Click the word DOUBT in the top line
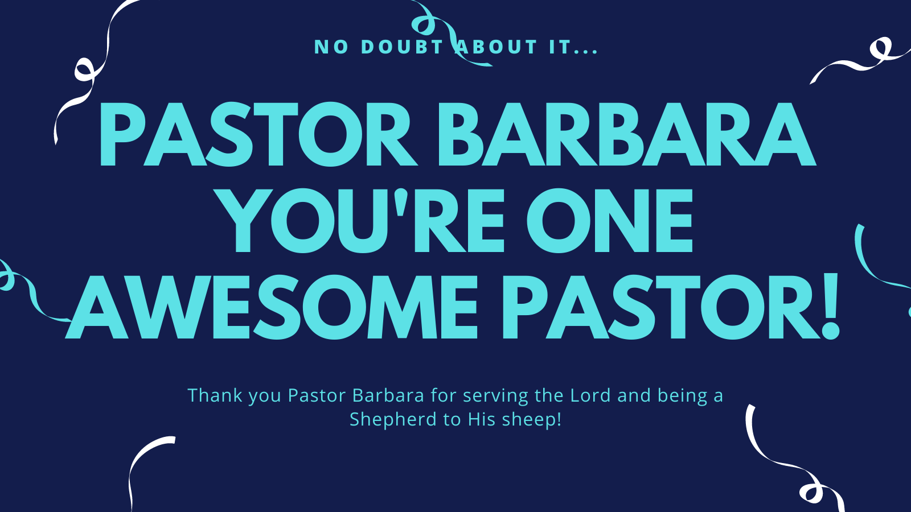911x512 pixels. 401,47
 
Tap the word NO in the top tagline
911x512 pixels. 331,47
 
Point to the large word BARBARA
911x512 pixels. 627,134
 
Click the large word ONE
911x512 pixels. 610,220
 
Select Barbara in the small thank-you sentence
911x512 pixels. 388,395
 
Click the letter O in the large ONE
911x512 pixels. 559,220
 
